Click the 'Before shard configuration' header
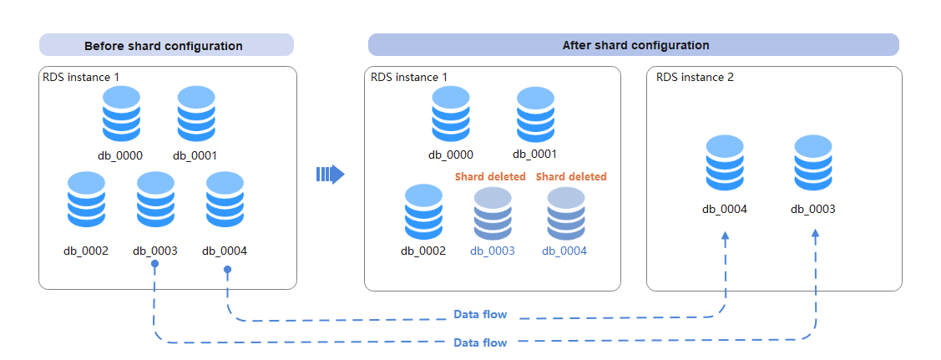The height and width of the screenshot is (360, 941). pos(164,46)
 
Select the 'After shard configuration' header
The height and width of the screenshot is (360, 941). pos(635,46)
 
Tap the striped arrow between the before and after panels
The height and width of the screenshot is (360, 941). pos(330,175)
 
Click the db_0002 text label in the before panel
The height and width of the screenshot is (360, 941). pos(86,251)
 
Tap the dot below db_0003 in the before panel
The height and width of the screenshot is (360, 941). pos(154,263)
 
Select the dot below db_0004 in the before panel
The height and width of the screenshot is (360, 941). pos(227,270)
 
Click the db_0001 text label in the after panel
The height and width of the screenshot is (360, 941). pos(534,155)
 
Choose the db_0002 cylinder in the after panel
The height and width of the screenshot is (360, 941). pos(423,212)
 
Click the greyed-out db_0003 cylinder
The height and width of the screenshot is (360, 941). pos(493,213)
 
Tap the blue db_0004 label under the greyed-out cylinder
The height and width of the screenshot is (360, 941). pos(564,251)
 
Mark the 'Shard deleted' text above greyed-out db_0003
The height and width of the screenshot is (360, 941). pos(490,176)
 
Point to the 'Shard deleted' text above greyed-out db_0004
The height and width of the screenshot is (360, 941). pos(571,176)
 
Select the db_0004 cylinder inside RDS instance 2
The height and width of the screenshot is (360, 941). pos(725,163)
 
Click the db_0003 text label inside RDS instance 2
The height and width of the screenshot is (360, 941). pos(813,210)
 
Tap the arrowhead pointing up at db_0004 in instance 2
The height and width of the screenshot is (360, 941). pos(726,237)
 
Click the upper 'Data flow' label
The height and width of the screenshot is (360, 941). pos(480,314)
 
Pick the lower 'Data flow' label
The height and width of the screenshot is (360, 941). pos(480,343)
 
